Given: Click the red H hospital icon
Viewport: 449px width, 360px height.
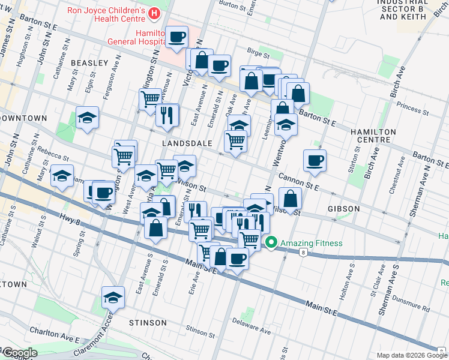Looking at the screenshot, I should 155,12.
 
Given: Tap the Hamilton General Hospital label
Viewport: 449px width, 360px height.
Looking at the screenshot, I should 136,37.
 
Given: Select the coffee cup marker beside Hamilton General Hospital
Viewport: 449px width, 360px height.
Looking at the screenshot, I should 177,37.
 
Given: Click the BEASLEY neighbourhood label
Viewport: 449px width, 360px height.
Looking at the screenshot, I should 89,63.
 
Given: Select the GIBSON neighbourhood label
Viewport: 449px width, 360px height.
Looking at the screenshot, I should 344,209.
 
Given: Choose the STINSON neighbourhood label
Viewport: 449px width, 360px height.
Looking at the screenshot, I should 148,323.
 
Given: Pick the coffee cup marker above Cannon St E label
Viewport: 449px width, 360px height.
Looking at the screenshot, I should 314,160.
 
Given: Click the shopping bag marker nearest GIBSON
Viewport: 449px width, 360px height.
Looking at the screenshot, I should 290,199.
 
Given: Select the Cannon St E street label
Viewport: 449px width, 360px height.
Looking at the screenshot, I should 298,183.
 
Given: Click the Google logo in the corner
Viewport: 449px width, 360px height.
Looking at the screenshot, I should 19,353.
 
